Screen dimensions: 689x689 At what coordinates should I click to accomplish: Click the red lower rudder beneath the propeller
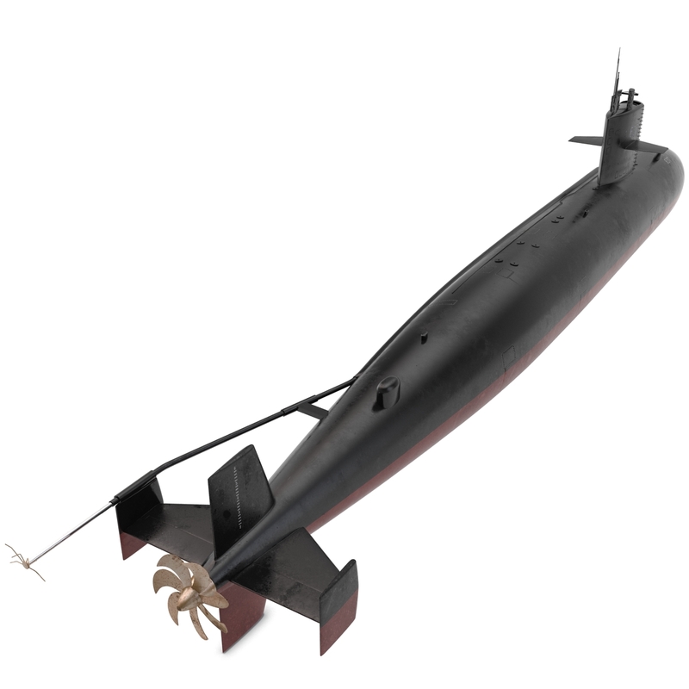[242, 616]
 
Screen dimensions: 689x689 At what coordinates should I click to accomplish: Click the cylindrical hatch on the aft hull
[388, 393]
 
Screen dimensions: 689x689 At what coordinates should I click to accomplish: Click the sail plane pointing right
[651, 148]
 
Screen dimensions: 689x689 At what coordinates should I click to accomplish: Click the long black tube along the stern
[241, 431]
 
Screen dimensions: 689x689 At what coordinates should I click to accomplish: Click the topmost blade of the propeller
[177, 564]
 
